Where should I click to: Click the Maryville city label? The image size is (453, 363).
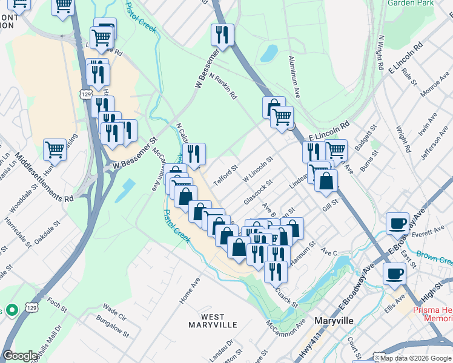tap(336, 320)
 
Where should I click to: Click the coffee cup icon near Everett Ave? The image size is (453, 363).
tap(398, 223)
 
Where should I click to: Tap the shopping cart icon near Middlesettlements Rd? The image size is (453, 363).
tap(55, 149)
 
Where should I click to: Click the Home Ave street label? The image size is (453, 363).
tap(190, 291)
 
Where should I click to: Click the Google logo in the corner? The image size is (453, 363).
tap(21, 356)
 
